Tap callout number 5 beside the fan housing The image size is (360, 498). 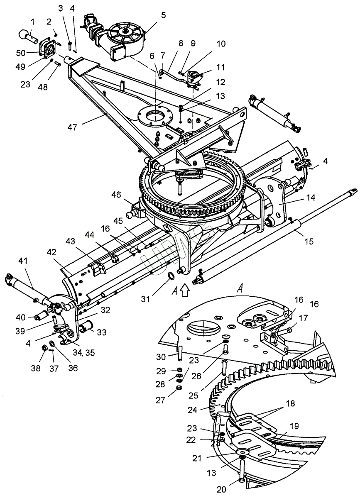(x=163, y=15)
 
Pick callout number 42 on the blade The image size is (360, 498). (x=51, y=252)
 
